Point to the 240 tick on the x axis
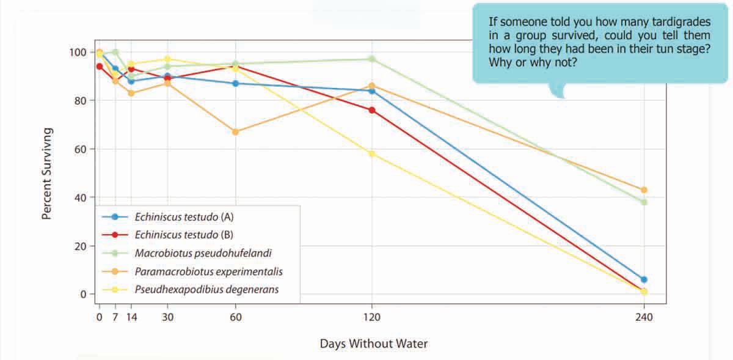click(644, 317)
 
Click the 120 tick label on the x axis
click(372, 317)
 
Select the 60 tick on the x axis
click(235, 317)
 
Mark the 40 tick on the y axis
click(80, 197)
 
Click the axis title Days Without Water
click(374, 343)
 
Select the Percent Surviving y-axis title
click(46, 174)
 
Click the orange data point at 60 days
click(235, 132)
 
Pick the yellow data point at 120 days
click(372, 154)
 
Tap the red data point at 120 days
click(372, 110)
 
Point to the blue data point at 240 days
click(644, 279)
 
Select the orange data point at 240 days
click(644, 190)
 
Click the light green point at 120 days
click(372, 59)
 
